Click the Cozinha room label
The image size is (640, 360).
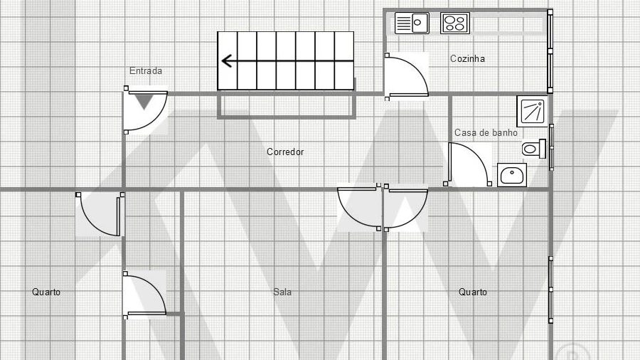(x=467, y=59)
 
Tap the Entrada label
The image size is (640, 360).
(x=146, y=70)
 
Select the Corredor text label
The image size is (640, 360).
(x=285, y=152)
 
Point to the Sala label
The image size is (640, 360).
(x=282, y=292)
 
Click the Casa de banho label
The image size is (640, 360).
(x=486, y=132)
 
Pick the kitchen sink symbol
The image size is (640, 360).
(x=412, y=23)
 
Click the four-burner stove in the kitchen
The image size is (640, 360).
(x=455, y=23)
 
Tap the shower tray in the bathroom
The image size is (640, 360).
(x=532, y=111)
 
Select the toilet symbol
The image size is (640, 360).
(x=534, y=149)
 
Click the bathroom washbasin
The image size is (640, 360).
(x=512, y=175)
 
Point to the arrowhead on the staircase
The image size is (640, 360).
(x=227, y=61)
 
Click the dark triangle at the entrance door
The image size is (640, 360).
(x=144, y=101)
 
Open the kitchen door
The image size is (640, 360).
(x=407, y=76)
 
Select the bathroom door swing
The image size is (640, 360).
(x=468, y=164)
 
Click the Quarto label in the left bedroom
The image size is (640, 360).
(x=46, y=292)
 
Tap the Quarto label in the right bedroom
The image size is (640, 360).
(x=473, y=292)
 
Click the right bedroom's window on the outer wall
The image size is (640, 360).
(x=550, y=290)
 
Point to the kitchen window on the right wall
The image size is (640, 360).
(x=550, y=52)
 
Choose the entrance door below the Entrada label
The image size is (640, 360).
(x=145, y=110)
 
